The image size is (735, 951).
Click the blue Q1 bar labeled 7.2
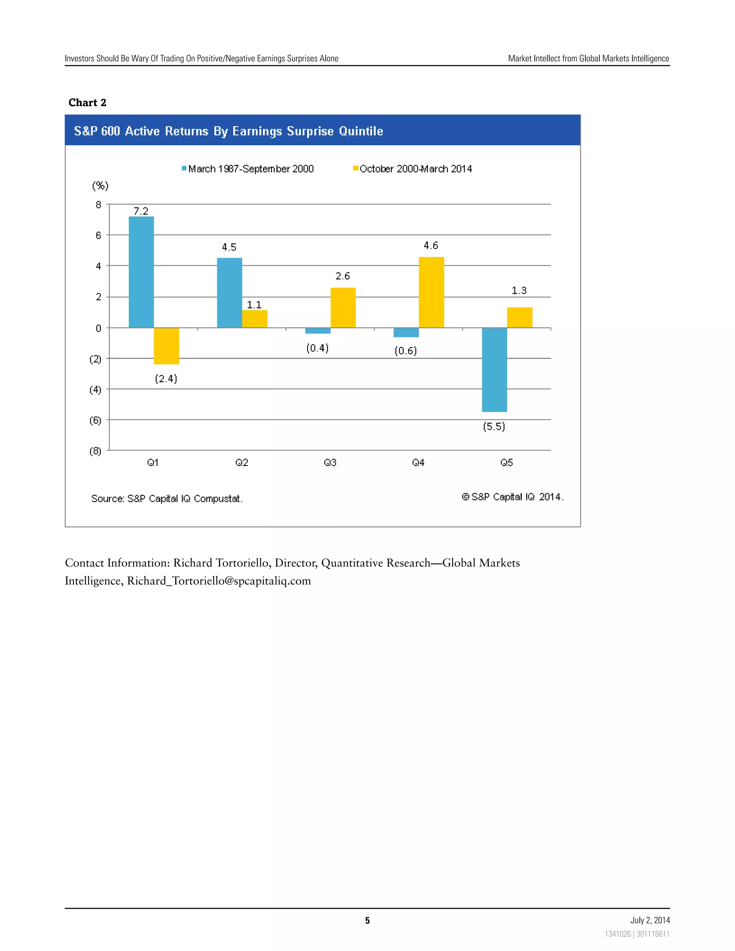click(x=141, y=272)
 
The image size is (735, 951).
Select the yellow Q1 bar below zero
click(x=166, y=346)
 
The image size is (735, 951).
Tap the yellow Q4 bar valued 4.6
click(x=431, y=292)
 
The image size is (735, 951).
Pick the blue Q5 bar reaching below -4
click(x=494, y=369)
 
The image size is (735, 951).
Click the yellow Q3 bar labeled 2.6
click(x=343, y=308)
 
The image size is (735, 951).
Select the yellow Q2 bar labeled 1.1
click(x=255, y=319)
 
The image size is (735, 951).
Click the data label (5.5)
click(x=494, y=426)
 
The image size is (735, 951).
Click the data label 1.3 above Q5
click(x=519, y=290)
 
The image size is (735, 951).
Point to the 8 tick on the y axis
click(x=98, y=205)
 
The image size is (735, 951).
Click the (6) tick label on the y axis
click(x=95, y=420)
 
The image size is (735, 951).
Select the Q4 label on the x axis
click(x=418, y=463)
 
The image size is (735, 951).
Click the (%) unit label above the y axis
click(x=100, y=186)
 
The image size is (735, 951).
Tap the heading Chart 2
click(x=88, y=103)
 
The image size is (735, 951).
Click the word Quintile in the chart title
click(x=361, y=131)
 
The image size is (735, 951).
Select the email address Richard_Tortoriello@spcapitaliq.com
click(x=219, y=581)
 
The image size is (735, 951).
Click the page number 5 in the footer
click(x=367, y=920)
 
